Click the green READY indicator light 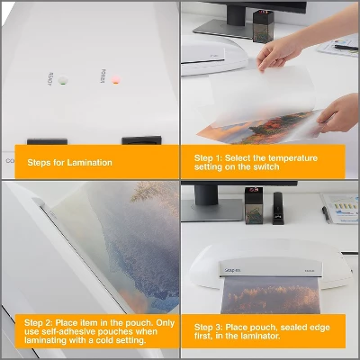pos(63,81)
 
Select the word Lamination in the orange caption pos(92,162)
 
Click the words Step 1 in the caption pos(208,157)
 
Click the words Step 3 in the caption pos(208,327)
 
